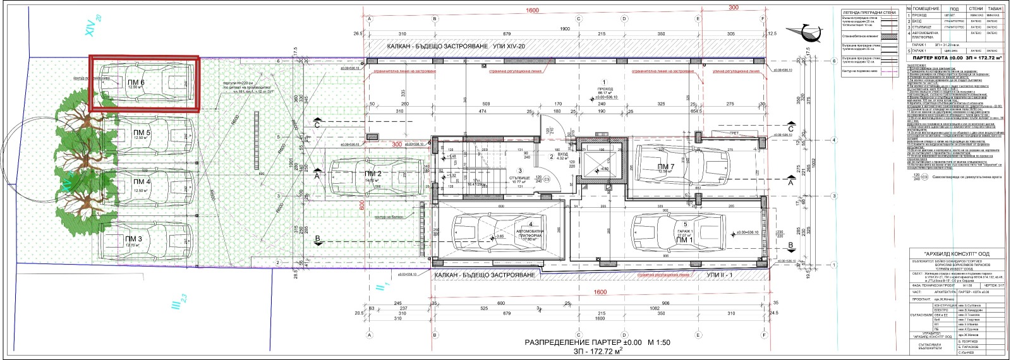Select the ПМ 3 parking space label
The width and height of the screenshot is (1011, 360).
point(133,238)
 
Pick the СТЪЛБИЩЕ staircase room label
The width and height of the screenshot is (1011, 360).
point(520,179)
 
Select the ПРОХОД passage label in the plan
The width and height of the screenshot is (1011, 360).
point(604,88)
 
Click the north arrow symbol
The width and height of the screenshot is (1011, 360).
point(804,32)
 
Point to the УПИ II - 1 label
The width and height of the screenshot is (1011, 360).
point(720,275)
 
